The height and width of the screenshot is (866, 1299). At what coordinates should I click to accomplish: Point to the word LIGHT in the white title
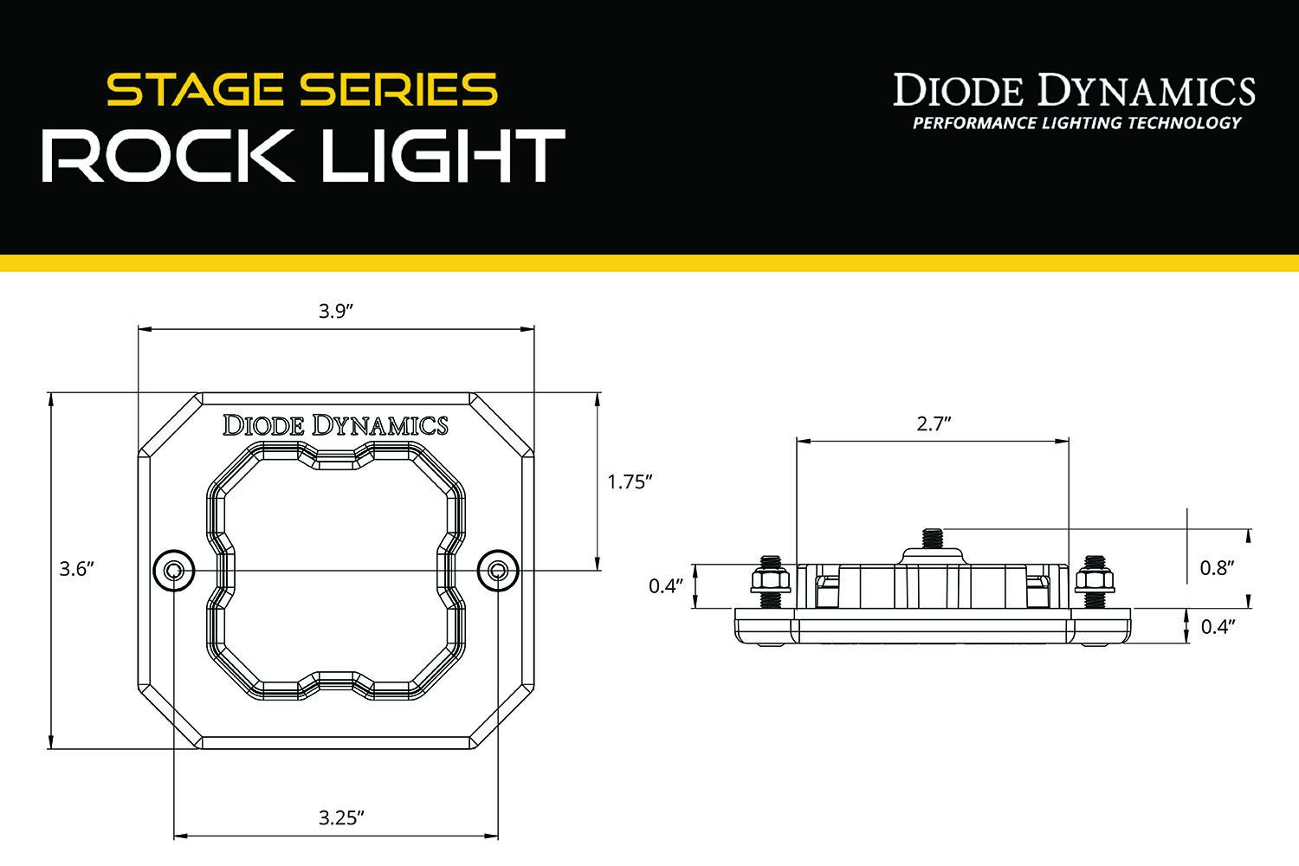click(443, 156)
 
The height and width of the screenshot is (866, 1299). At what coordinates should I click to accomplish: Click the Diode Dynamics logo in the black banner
click(1074, 90)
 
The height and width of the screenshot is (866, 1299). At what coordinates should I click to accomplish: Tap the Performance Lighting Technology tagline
click(1076, 123)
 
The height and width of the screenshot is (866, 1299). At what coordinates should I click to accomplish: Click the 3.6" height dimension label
click(76, 569)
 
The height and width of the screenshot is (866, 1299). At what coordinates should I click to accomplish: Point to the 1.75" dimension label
click(629, 481)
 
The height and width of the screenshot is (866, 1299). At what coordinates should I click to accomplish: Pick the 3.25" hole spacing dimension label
click(340, 818)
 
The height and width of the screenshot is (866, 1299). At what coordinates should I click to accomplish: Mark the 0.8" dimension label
click(1217, 568)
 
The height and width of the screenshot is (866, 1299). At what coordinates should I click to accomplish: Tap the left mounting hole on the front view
click(174, 571)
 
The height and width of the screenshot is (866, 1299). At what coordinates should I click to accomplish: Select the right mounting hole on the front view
click(498, 571)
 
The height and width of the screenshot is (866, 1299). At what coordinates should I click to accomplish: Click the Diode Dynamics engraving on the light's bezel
click(335, 425)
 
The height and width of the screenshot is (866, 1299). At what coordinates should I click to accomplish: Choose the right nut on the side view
click(1094, 578)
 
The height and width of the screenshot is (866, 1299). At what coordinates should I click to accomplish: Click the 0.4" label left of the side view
click(666, 586)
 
